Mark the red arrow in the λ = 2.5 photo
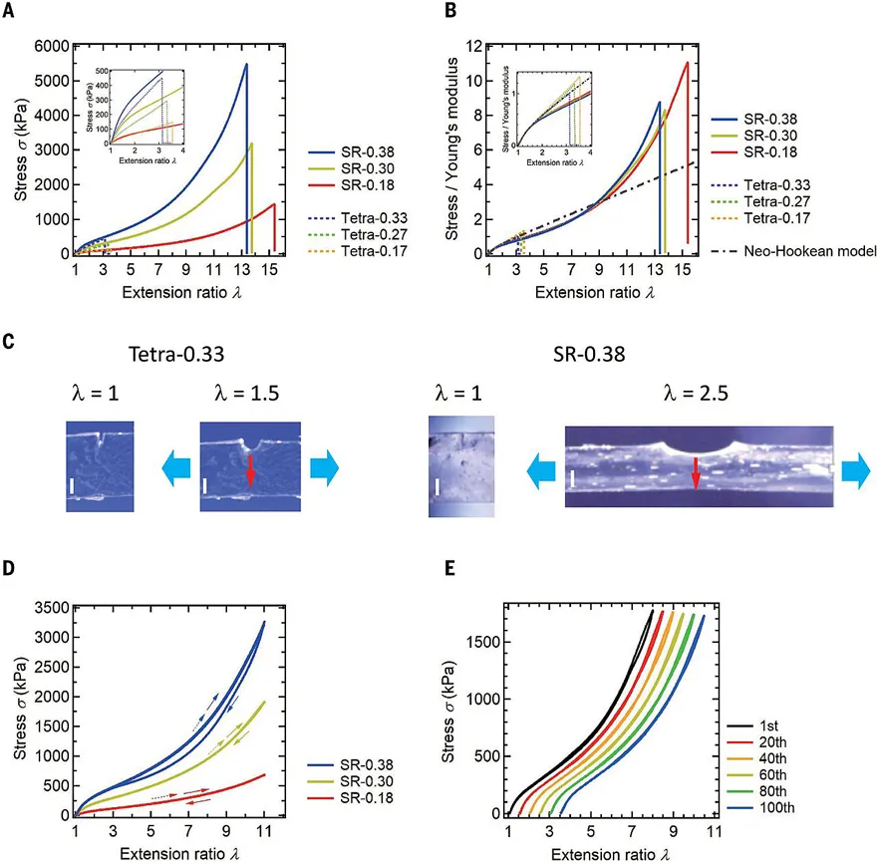click(697, 476)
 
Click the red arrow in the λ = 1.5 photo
click(249, 473)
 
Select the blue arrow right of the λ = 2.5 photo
click(856, 474)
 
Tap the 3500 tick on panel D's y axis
click(50, 607)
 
